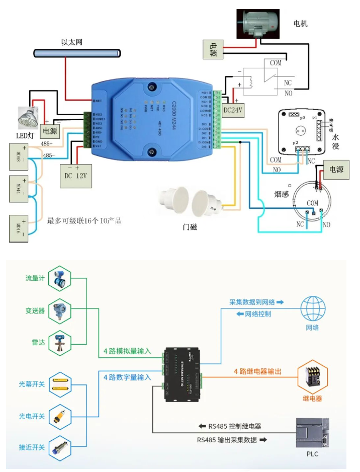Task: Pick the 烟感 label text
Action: [x=282, y=194]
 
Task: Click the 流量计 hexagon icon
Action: [x=60, y=278]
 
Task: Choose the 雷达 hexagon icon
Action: [x=60, y=342]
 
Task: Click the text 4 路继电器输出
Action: [x=257, y=371]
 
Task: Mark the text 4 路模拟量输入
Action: [x=127, y=351]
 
